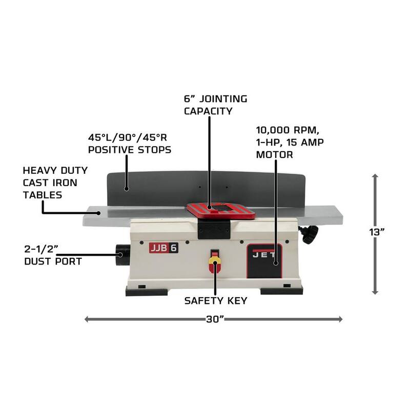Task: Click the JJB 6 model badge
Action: click(163, 248)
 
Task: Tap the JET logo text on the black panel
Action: click(264, 255)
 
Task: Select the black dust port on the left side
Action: click(122, 255)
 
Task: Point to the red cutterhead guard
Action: click(221, 211)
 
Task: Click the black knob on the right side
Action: click(310, 235)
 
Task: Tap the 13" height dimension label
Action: click(377, 232)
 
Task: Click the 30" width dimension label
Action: click(215, 319)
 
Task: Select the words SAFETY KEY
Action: click(215, 301)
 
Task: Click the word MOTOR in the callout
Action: click(275, 155)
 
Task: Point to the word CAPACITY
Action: click(208, 111)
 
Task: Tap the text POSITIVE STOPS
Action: click(130, 150)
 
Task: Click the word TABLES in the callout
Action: click(43, 195)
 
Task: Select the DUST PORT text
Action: click(53, 261)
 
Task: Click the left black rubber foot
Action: click(147, 292)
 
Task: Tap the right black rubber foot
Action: click(281, 290)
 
